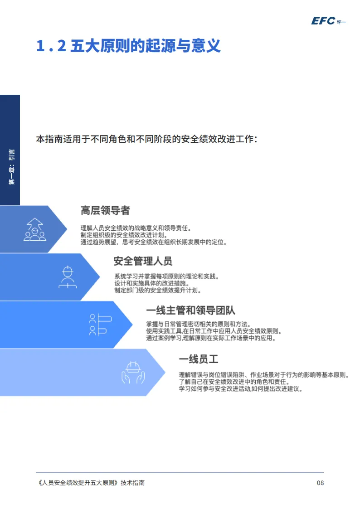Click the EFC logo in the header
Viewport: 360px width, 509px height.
(x=328, y=20)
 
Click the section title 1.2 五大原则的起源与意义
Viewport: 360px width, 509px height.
(x=128, y=46)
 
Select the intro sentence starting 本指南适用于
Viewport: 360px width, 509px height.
(x=147, y=139)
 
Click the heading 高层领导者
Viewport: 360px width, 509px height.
(x=105, y=210)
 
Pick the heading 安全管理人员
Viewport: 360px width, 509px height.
(x=143, y=261)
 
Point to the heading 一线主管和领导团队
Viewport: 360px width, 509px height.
(x=190, y=310)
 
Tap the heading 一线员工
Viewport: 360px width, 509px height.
(x=199, y=359)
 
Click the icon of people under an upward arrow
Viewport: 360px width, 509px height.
(x=34, y=229)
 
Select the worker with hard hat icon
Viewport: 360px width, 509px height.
(x=68, y=277)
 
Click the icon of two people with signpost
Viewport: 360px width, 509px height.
(x=97, y=325)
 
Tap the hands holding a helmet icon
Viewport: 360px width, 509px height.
(x=132, y=372)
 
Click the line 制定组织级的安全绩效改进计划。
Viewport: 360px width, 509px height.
(x=124, y=235)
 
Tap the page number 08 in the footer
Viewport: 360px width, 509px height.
(x=320, y=483)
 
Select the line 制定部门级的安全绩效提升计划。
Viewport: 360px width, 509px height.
(x=158, y=290)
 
